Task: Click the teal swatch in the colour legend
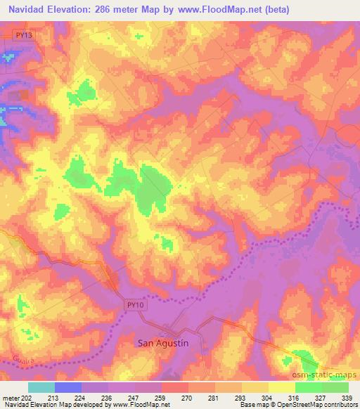point(41,387)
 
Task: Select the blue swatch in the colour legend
point(67,387)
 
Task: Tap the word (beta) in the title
point(278,10)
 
